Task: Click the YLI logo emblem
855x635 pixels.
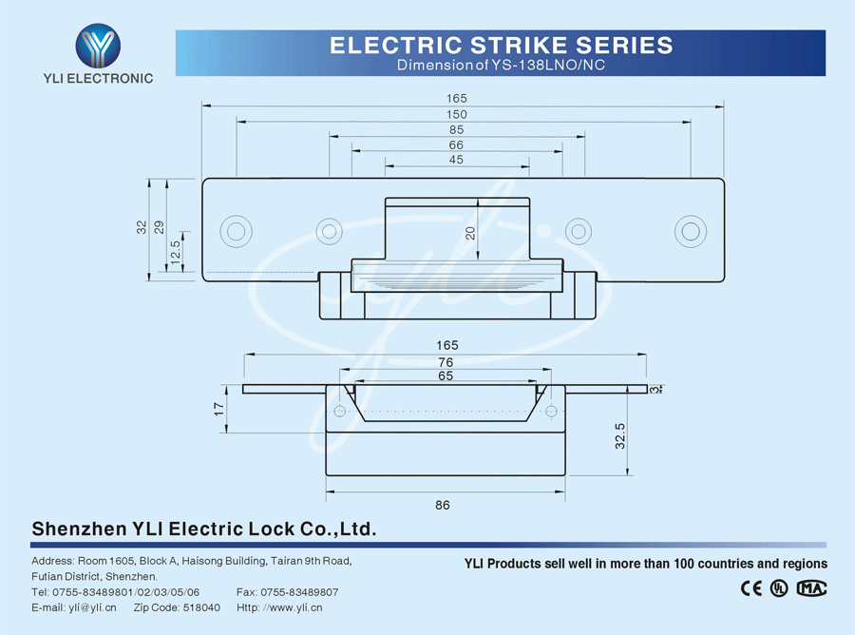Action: [x=98, y=44]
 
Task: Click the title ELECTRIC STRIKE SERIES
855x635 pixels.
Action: [x=501, y=45]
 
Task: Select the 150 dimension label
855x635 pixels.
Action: [x=457, y=114]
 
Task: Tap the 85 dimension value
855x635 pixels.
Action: [x=457, y=129]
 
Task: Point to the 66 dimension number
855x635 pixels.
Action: [x=457, y=144]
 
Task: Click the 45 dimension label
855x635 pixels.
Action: [x=457, y=160]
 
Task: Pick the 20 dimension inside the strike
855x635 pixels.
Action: [x=470, y=234]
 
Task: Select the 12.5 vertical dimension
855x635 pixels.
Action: [x=175, y=252]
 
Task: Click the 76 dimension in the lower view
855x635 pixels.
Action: [x=446, y=362]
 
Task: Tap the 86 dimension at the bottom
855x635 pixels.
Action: [x=443, y=505]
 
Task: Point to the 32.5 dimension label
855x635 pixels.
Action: [x=619, y=436]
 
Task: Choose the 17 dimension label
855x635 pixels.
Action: [x=218, y=409]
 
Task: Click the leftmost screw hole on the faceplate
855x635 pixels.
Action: [x=235, y=231]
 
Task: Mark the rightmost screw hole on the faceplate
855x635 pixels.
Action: [x=691, y=231]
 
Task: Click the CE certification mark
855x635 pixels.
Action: [x=751, y=587]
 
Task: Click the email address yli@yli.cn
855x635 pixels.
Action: [x=92, y=607]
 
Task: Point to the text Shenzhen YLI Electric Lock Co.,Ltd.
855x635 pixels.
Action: [x=204, y=529]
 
